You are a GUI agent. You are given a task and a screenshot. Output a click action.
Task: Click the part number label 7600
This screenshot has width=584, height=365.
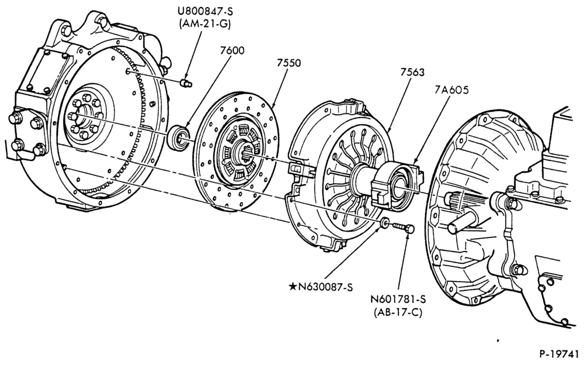pyautogui.click(x=232, y=50)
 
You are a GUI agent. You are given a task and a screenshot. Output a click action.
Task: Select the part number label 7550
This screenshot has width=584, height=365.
pyautogui.click(x=288, y=63)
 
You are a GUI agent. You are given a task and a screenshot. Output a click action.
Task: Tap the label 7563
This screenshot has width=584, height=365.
pyautogui.click(x=412, y=73)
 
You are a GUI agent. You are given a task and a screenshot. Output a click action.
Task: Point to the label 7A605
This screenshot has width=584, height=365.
pyautogui.click(x=451, y=90)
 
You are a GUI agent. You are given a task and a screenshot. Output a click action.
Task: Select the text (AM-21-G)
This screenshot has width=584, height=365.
pyautogui.click(x=205, y=24)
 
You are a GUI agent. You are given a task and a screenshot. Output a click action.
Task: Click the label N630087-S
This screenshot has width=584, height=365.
pyautogui.click(x=325, y=287)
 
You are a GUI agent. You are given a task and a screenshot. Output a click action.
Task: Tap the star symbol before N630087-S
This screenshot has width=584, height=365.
pyautogui.click(x=293, y=287)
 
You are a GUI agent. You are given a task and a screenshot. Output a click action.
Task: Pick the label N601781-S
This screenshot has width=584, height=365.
pyautogui.click(x=398, y=299)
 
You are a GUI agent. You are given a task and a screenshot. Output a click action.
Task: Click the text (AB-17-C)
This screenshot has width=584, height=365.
pyautogui.click(x=398, y=312)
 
